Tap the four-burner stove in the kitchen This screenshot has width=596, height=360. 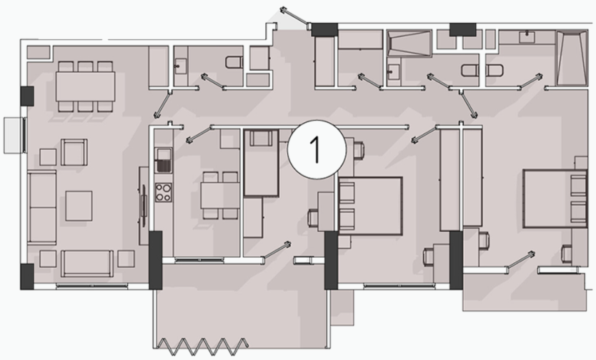163,192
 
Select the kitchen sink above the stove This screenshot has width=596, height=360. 163,160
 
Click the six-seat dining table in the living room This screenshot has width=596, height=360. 86,86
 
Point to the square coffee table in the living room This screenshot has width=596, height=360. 79,206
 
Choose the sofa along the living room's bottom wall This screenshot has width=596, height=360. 87,263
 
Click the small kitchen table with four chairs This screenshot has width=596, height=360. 220,196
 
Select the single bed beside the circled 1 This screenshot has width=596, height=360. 261,163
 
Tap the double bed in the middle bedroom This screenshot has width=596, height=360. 370,206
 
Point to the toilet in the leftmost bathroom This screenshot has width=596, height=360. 234,62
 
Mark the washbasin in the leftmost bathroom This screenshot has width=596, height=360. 181,66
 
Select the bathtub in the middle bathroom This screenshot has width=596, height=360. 409,44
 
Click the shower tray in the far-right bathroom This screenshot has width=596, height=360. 572,59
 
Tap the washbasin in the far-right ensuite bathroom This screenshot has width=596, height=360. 527,37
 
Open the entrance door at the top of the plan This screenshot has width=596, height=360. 295,17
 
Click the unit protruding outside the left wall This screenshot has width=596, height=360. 14,136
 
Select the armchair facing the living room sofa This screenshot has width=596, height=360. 74,152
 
